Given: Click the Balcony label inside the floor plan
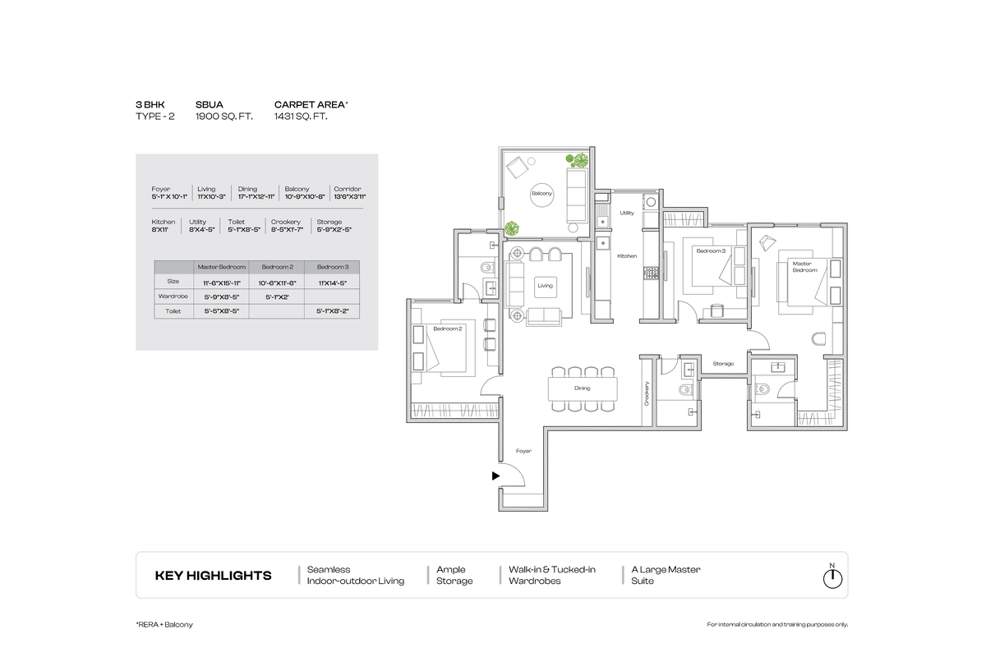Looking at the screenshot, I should (x=541, y=193).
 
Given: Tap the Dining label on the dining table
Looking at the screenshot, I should (x=582, y=388).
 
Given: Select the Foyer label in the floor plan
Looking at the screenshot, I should (x=523, y=451).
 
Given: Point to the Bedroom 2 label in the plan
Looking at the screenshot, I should (x=448, y=328).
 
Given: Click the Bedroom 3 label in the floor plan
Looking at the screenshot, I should (x=711, y=250).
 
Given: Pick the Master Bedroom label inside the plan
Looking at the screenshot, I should (x=804, y=267).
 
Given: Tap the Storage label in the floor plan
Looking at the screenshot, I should (x=723, y=363).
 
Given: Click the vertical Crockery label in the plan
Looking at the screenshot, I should (x=647, y=395).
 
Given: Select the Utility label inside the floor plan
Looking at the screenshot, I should (x=627, y=213).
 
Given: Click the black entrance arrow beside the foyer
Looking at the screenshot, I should (x=495, y=476).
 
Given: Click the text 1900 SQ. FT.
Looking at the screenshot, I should (x=223, y=117).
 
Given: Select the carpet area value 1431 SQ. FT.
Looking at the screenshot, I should (x=301, y=117).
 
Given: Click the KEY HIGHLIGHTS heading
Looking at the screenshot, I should (x=213, y=576).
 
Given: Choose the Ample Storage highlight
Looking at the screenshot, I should (x=454, y=575).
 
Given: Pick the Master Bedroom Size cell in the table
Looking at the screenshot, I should (x=221, y=283).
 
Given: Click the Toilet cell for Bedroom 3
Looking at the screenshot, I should (x=332, y=312).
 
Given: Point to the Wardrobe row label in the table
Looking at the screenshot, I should (x=173, y=296).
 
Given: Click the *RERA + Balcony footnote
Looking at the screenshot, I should (x=164, y=625).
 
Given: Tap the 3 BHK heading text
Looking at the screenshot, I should (x=150, y=105).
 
